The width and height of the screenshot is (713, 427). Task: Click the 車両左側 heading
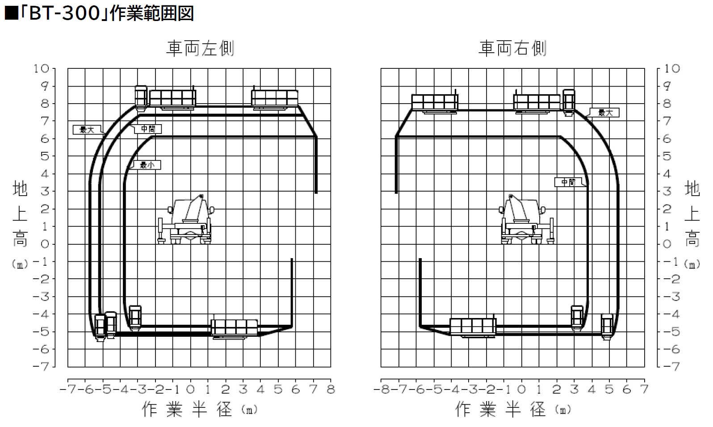(x=200, y=48)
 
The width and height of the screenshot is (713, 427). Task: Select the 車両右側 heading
(x=512, y=48)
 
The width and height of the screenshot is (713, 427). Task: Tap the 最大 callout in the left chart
(x=87, y=130)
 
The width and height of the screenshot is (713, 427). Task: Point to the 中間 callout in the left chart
(x=148, y=129)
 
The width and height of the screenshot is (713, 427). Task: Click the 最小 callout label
(x=147, y=165)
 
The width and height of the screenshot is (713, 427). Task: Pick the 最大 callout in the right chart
(x=605, y=113)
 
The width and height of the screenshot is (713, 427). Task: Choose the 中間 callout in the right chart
(x=568, y=182)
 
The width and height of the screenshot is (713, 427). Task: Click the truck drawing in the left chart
(x=186, y=220)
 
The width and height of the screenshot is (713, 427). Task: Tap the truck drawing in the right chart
(x=527, y=220)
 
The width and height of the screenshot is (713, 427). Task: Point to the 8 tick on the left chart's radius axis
(x=331, y=389)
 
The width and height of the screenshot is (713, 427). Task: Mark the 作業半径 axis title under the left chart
(x=187, y=409)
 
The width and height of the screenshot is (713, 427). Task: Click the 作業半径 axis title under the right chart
(x=501, y=409)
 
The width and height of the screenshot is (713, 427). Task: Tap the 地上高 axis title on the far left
(x=20, y=214)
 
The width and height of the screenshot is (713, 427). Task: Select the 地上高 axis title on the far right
(x=692, y=214)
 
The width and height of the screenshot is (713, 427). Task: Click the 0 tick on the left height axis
(x=44, y=244)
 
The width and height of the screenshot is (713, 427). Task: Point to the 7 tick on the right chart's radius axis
(x=644, y=389)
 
